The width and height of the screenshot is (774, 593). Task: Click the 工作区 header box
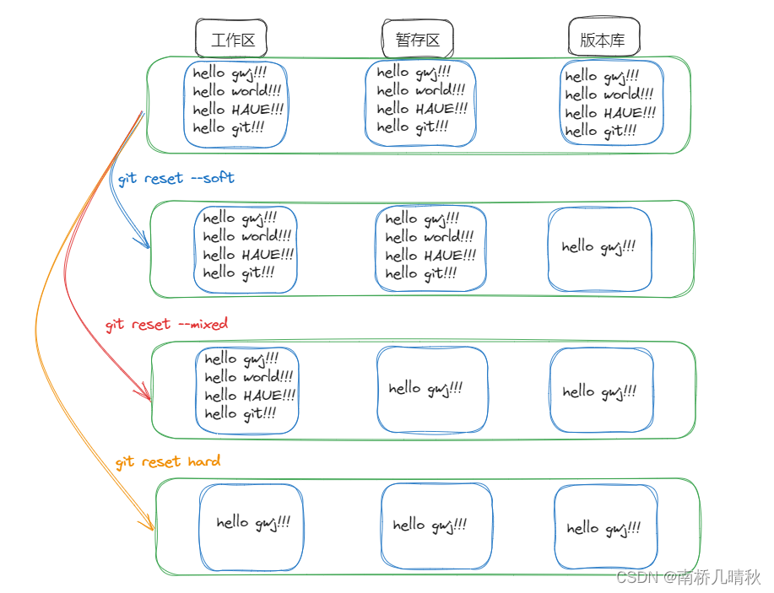click(x=231, y=39)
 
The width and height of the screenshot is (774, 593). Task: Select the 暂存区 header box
click(x=417, y=39)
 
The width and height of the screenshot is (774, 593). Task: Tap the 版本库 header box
click(x=604, y=39)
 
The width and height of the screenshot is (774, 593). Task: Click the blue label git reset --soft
click(x=176, y=179)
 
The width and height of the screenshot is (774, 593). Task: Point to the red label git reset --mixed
click(x=166, y=325)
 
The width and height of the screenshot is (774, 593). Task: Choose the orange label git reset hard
click(x=168, y=461)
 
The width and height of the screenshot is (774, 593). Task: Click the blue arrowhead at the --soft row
click(x=146, y=245)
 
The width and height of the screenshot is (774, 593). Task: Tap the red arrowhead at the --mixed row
click(x=147, y=395)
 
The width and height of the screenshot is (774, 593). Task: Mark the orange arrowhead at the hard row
click(x=151, y=526)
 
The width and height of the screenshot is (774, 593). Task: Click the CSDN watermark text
click(x=688, y=577)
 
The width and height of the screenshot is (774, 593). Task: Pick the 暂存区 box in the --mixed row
click(x=431, y=388)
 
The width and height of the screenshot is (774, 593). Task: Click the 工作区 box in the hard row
click(x=251, y=526)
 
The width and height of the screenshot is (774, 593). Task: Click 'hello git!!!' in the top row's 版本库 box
click(x=600, y=132)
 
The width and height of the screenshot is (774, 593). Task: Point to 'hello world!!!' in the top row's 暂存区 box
click(x=420, y=90)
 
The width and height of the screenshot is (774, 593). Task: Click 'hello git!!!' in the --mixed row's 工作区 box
click(x=240, y=413)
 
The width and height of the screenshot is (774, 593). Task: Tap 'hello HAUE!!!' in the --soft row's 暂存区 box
click(x=430, y=256)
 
